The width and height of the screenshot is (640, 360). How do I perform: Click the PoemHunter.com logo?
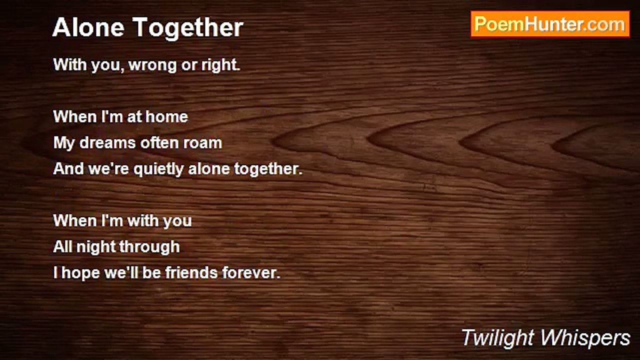coord(550,24)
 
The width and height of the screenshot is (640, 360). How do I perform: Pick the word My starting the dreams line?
coord(63,143)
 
